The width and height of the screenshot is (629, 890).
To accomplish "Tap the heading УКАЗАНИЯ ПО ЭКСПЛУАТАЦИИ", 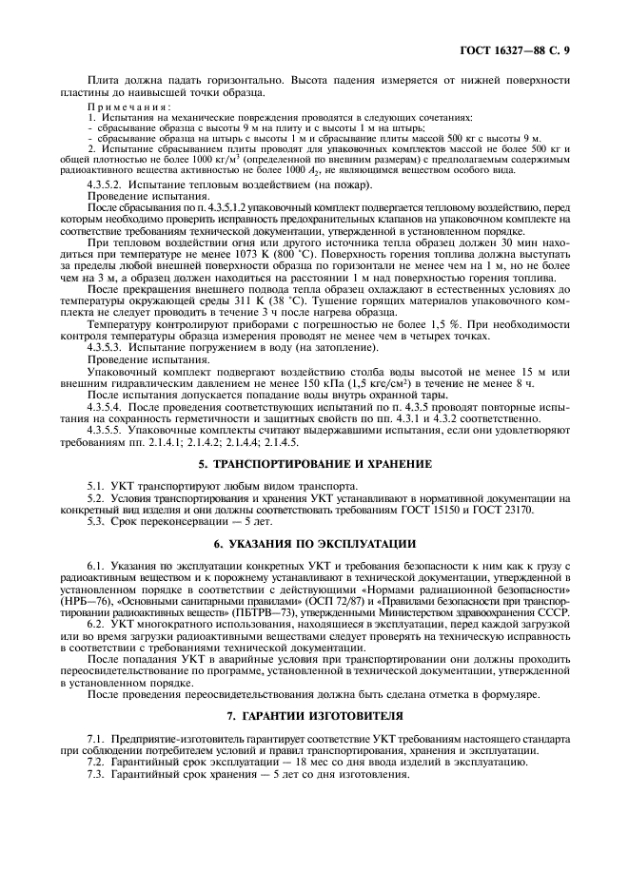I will pyautogui.click(x=314, y=543).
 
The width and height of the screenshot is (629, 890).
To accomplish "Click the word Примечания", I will pyautogui.click(x=118, y=108).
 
